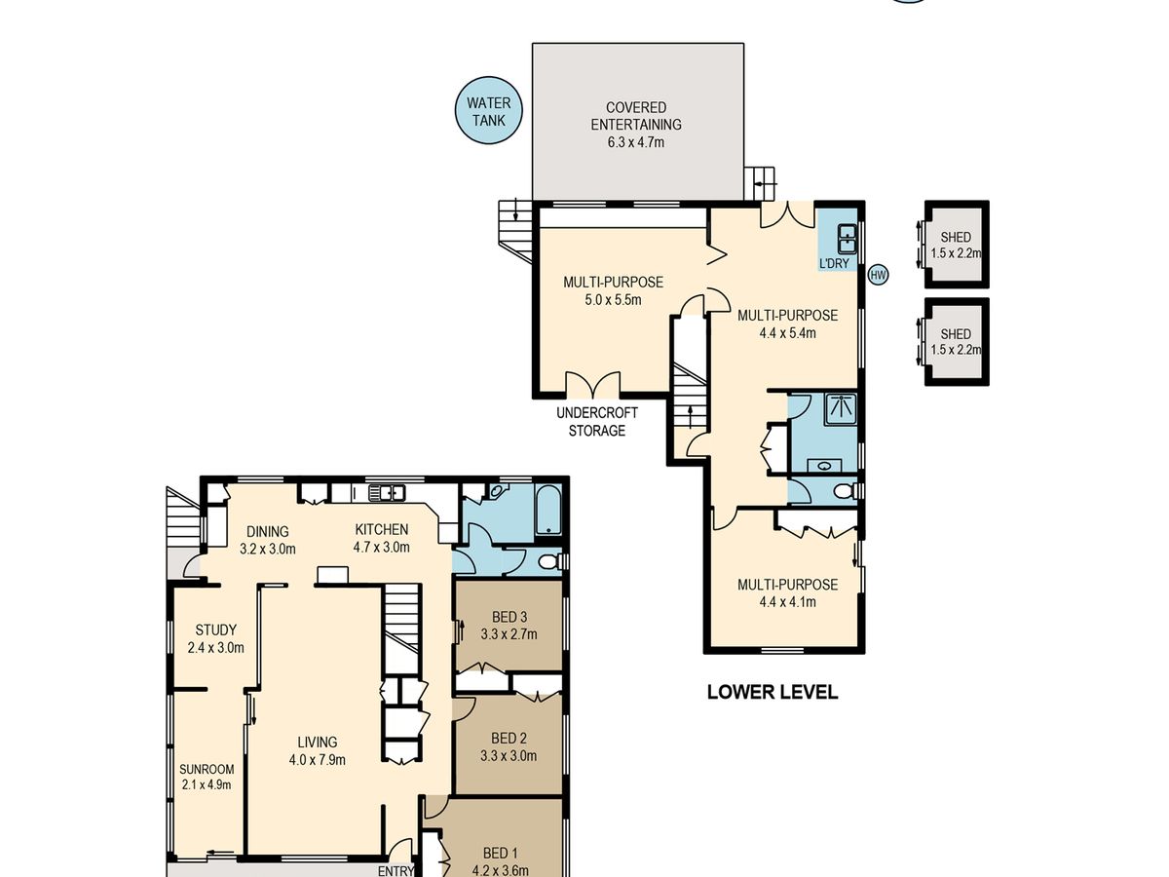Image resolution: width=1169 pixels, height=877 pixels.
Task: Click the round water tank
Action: tap(488, 111)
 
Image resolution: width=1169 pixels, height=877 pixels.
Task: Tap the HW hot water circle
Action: tap(879, 275)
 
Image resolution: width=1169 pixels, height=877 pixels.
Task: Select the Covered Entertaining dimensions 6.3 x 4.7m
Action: tap(636, 142)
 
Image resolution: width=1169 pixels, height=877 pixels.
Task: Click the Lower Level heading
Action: tap(773, 692)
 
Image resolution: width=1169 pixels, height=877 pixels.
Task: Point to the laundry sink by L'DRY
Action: tap(847, 239)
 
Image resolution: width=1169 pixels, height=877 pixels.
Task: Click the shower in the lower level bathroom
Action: tap(841, 408)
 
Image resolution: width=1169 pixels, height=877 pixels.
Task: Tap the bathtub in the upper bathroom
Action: tap(548, 509)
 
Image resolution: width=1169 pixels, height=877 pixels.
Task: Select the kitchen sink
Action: tap(387, 492)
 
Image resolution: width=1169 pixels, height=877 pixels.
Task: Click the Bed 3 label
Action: tap(509, 617)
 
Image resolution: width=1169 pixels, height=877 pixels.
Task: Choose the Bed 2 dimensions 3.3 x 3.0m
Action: tap(509, 755)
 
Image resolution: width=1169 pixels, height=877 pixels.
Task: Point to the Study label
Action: tap(215, 629)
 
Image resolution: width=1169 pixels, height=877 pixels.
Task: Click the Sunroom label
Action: tap(207, 769)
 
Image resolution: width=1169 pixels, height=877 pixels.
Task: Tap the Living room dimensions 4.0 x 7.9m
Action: tap(318, 759)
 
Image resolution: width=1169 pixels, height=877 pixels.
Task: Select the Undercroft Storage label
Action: tap(597, 421)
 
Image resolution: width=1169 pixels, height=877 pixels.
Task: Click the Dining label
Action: tap(267, 531)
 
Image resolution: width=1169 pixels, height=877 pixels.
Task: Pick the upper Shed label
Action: tap(956, 237)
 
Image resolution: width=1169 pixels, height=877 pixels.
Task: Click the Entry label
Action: tap(396, 871)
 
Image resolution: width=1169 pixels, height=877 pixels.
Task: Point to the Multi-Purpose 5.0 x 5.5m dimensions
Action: tap(613, 300)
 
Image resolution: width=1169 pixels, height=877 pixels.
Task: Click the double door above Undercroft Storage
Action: tap(592, 383)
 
